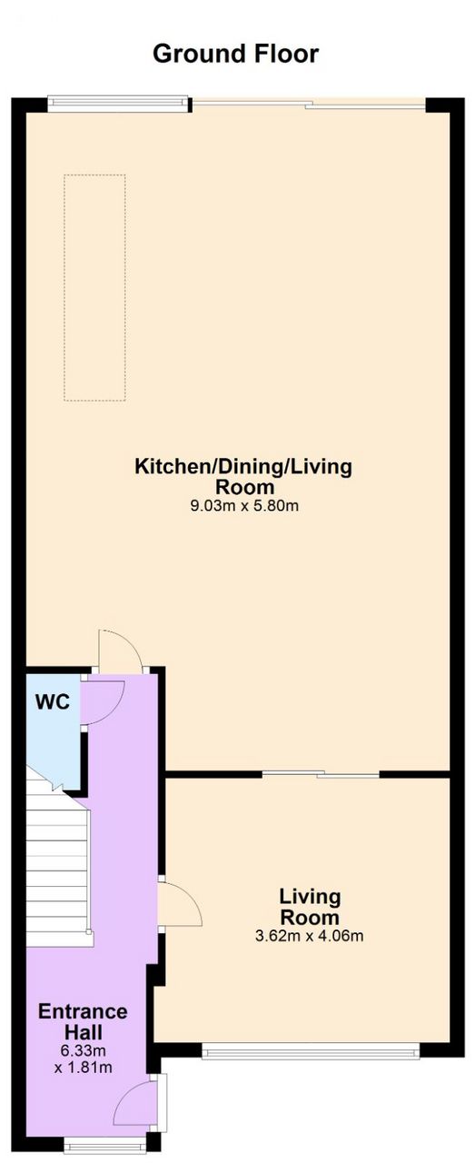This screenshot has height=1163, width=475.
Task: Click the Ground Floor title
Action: click(235, 54)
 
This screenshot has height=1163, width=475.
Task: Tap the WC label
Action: click(53, 702)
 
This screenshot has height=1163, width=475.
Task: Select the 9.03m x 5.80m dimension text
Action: click(244, 506)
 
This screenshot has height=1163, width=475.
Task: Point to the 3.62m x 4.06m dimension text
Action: click(310, 936)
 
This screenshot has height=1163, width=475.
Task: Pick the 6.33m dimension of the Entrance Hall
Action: click(83, 1051)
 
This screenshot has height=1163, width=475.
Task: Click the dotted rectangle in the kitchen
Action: click(94, 288)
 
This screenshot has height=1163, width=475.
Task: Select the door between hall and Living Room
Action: click(180, 906)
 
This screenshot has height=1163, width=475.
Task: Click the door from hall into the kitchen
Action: click(120, 651)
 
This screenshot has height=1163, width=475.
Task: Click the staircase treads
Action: click(58, 864)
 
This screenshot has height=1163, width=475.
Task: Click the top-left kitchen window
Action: click(118, 104)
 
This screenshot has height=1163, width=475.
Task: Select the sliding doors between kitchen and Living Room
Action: click(321, 774)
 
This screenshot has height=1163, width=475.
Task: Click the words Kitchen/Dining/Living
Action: click(243, 466)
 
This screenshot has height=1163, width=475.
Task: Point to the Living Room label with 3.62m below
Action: click(310, 907)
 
